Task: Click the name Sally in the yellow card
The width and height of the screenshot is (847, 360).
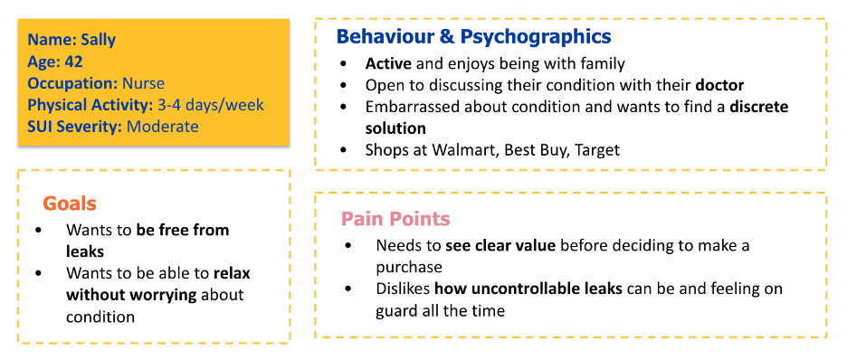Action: (x=98, y=40)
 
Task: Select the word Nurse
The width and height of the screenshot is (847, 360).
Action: (x=143, y=83)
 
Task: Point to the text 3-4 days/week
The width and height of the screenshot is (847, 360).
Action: (x=210, y=105)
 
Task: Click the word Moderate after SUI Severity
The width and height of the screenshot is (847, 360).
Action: (x=163, y=127)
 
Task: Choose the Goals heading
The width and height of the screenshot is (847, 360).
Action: (x=70, y=204)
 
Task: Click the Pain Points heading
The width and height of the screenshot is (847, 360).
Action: (x=395, y=219)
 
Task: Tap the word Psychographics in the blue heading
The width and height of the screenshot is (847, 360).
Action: (x=536, y=37)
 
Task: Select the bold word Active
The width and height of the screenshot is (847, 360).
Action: (x=389, y=63)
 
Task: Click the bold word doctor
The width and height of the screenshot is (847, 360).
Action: (x=720, y=85)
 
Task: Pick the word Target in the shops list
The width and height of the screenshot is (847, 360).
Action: (x=597, y=150)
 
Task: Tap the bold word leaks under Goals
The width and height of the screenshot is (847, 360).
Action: (x=85, y=251)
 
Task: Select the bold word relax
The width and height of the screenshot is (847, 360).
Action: (x=232, y=273)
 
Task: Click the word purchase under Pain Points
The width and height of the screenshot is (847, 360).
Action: (x=409, y=268)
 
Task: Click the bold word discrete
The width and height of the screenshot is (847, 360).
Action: (x=759, y=107)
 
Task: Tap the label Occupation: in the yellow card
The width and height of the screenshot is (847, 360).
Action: (x=73, y=83)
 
